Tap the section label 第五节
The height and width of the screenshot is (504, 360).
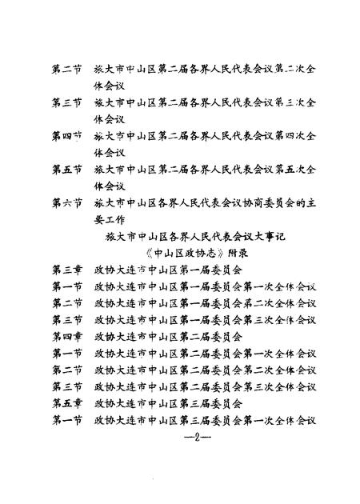pos(66,170)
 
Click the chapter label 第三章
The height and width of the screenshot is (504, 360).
pos(66,270)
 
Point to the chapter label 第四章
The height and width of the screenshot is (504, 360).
pos(66,337)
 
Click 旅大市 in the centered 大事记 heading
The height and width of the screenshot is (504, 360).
pos(119,237)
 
